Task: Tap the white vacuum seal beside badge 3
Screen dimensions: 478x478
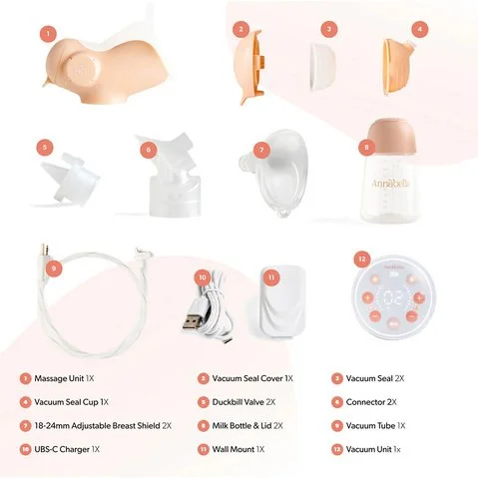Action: (x=322, y=67)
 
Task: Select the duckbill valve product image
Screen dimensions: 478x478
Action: (x=71, y=179)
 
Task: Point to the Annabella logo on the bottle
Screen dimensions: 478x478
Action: (x=391, y=184)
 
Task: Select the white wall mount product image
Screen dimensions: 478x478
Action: (x=282, y=302)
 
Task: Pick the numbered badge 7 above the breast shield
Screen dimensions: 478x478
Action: (x=261, y=150)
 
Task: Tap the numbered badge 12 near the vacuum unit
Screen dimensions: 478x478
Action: (x=362, y=259)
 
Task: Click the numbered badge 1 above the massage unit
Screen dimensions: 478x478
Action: (x=49, y=33)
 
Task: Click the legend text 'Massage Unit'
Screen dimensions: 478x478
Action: (x=59, y=378)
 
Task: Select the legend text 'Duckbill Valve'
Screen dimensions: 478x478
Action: (x=239, y=402)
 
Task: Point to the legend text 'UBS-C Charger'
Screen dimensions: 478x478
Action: (x=62, y=449)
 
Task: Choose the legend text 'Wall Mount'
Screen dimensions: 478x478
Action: (x=234, y=449)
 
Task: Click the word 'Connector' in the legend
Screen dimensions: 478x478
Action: (x=365, y=402)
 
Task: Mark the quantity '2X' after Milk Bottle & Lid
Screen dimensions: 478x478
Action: (x=278, y=426)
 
